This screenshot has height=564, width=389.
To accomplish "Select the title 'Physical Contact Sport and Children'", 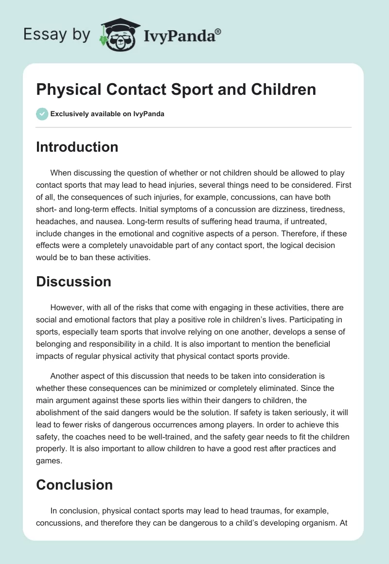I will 176,89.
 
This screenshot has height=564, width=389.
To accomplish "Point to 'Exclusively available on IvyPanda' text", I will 107,114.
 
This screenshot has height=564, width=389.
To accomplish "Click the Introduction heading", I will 77,147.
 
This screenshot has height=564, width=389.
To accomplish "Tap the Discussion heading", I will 73,282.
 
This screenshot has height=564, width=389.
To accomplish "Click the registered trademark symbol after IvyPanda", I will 218,31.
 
